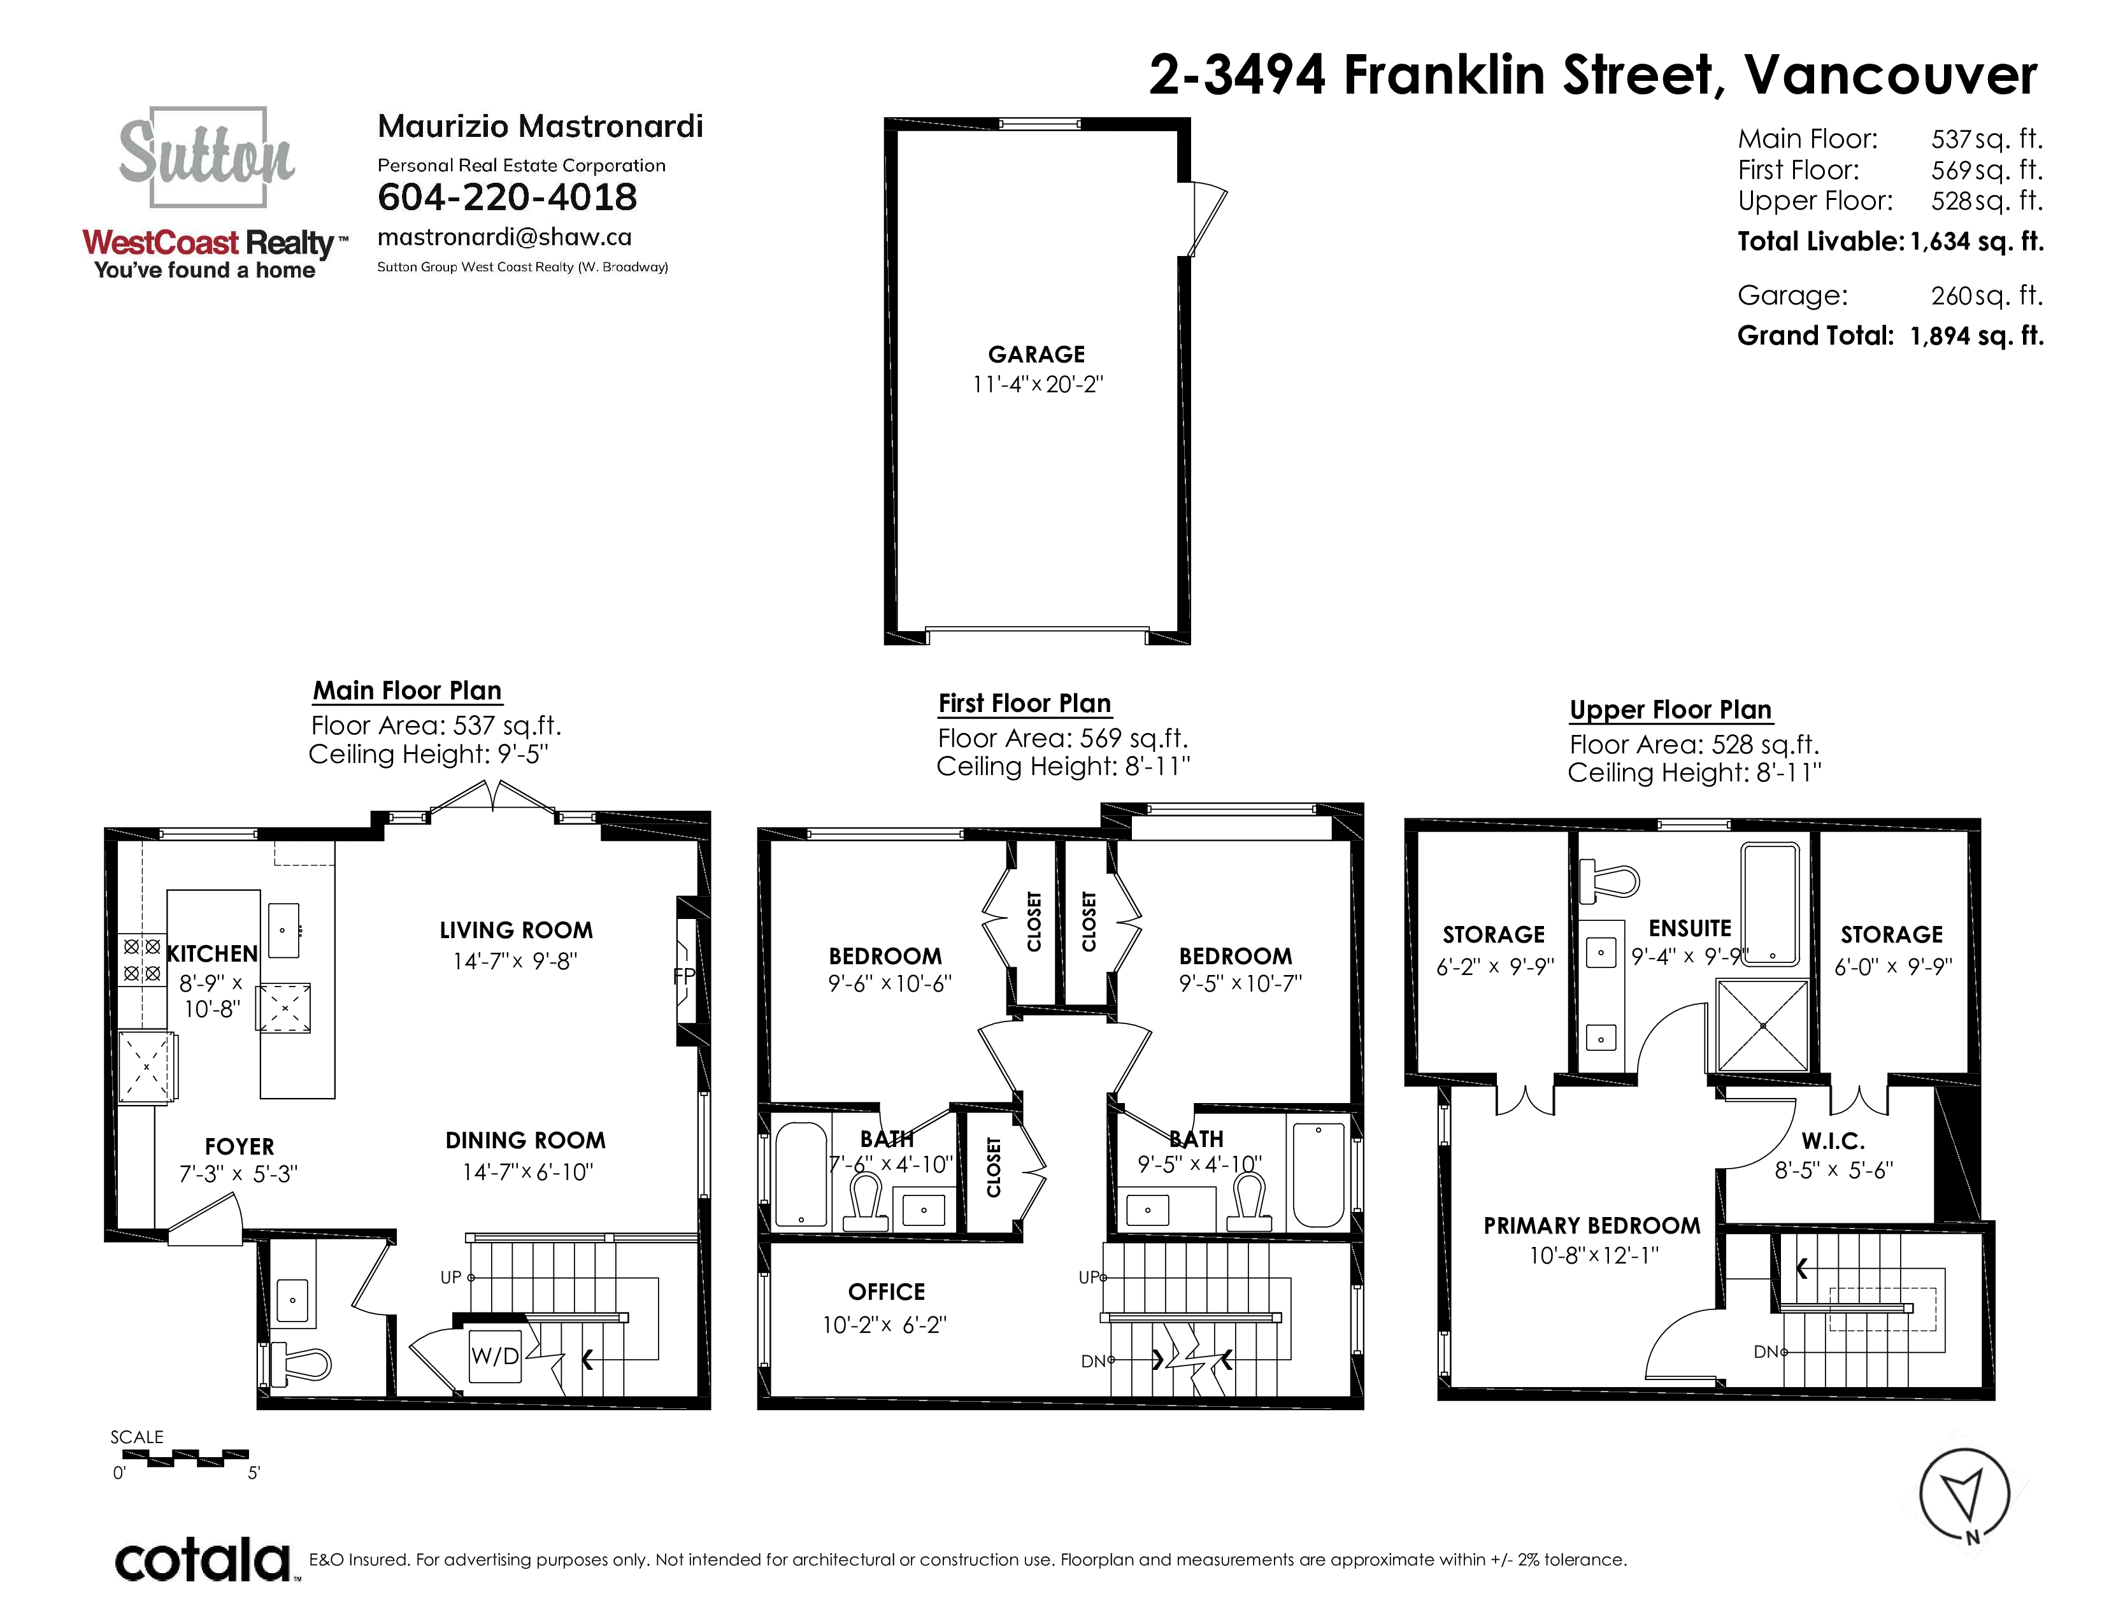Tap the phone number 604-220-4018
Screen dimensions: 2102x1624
pyautogui.click(x=507, y=197)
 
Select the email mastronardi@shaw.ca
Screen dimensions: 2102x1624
pyautogui.click(x=504, y=238)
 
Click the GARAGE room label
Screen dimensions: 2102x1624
pyautogui.click(x=1036, y=354)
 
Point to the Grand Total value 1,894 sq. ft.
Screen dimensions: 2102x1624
pyautogui.click(x=1977, y=336)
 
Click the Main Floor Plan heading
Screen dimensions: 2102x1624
pyautogui.click(x=407, y=691)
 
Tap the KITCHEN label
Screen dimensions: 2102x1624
pyautogui.click(x=211, y=953)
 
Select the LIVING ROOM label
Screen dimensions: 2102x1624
pyautogui.click(x=516, y=930)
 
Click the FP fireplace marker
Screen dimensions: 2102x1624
pyautogui.click(x=684, y=976)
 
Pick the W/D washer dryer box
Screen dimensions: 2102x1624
pyautogui.click(x=495, y=1356)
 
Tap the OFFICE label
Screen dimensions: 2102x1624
pyautogui.click(x=887, y=1292)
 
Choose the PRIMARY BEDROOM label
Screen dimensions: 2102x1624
pyautogui.click(x=1592, y=1226)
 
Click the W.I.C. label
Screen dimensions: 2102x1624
pyautogui.click(x=1833, y=1141)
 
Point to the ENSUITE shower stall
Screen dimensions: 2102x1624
pyautogui.click(x=1762, y=1025)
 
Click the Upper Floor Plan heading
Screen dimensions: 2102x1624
pyautogui.click(x=1670, y=710)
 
